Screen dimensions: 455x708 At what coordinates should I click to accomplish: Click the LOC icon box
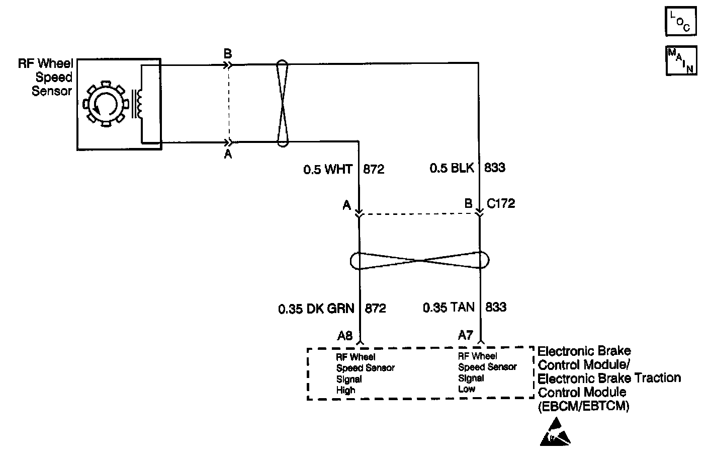[681, 22]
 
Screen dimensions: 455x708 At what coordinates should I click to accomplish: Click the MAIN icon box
[681, 60]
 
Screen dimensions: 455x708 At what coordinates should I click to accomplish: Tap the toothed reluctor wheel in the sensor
[106, 104]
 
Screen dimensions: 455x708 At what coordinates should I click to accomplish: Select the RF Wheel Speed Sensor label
[46, 78]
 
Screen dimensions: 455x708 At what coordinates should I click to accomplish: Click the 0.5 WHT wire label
[328, 169]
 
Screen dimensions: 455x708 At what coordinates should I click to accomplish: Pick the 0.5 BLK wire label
[452, 168]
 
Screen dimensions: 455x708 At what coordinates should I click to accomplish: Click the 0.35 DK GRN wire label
[316, 308]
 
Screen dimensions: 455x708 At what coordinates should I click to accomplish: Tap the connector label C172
[501, 204]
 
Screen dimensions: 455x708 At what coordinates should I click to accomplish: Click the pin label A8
[345, 335]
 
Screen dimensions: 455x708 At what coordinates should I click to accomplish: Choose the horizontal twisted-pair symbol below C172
[419, 261]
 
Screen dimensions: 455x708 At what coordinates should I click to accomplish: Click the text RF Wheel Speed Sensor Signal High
[365, 373]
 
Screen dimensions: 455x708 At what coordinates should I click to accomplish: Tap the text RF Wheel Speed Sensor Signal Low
[487, 372]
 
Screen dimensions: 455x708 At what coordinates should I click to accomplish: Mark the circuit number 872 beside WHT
[374, 169]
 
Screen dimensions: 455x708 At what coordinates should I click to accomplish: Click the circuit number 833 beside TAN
[495, 307]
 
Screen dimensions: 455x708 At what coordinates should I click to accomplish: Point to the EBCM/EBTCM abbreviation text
[584, 406]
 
